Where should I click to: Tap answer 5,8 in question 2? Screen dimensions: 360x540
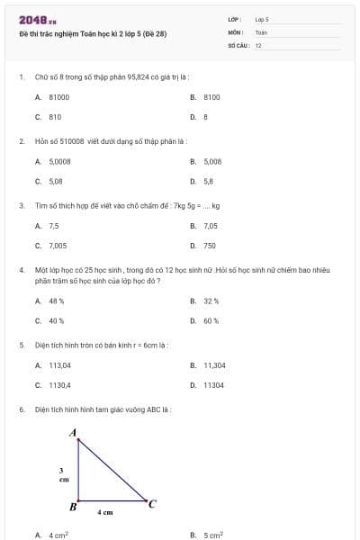pos(208,181)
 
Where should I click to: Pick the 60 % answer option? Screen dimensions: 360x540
pos(211,320)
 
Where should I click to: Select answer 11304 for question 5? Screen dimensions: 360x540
pos(213,385)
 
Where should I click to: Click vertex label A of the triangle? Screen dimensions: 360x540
pos(73,433)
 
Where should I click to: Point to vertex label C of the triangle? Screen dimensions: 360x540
pos(152,504)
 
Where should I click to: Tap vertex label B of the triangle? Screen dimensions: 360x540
pos(73,507)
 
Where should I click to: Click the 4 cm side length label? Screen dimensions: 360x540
pos(105,512)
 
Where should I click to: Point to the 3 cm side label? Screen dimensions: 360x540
pos(63,475)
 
